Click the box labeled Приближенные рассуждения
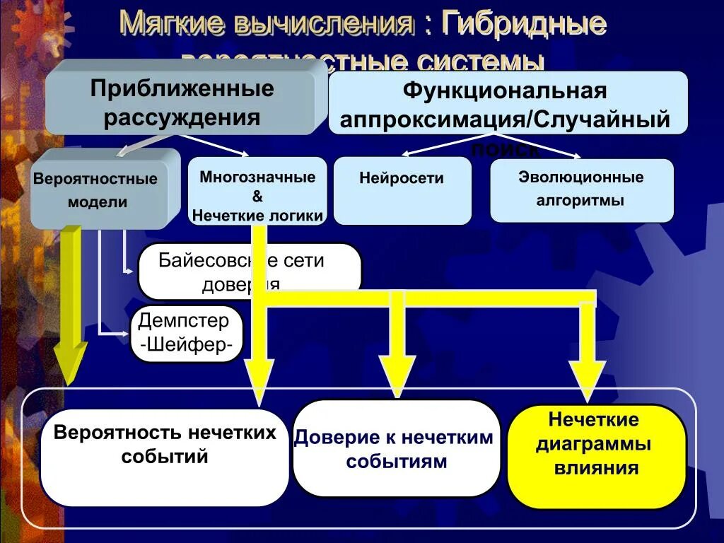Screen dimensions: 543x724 click(181, 103)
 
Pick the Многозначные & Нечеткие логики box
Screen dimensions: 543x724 click(257, 192)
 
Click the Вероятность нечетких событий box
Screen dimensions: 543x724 click(165, 457)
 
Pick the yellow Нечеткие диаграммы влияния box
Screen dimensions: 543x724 click(596, 456)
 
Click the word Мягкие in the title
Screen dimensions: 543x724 click(167, 23)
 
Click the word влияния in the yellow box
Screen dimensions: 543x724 click(596, 467)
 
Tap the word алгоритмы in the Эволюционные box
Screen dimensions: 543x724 click(580, 200)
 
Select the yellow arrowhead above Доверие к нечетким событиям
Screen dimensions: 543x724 click(397, 375)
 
